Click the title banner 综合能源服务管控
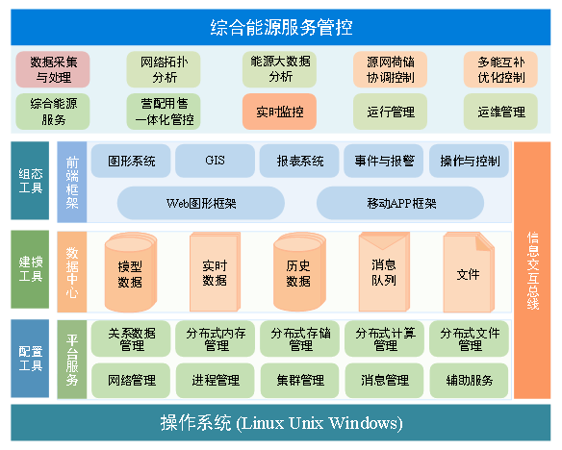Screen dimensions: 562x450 (281, 27)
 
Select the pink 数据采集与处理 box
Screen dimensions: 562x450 (53, 69)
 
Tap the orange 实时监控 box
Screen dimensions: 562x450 (280, 112)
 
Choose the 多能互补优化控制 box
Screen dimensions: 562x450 (500, 69)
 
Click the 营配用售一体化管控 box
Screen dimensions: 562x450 (164, 112)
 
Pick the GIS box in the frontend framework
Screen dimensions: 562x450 (215, 161)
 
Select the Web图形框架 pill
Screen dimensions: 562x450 (201, 203)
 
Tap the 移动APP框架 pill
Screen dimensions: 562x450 (400, 203)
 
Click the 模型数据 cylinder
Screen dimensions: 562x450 (131, 273)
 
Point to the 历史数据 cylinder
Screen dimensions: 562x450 (299, 272)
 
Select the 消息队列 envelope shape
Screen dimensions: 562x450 (384, 272)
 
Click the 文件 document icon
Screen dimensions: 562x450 (469, 272)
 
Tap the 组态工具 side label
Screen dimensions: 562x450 (30, 181)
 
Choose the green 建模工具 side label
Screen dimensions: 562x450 (30, 269)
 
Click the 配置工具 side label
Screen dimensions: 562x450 (30, 359)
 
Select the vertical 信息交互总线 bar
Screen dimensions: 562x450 (532, 270)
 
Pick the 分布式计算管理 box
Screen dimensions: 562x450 (385, 339)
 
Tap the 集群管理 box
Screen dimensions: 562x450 (300, 381)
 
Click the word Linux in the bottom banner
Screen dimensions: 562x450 (263, 423)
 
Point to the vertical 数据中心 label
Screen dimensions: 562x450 (72, 272)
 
